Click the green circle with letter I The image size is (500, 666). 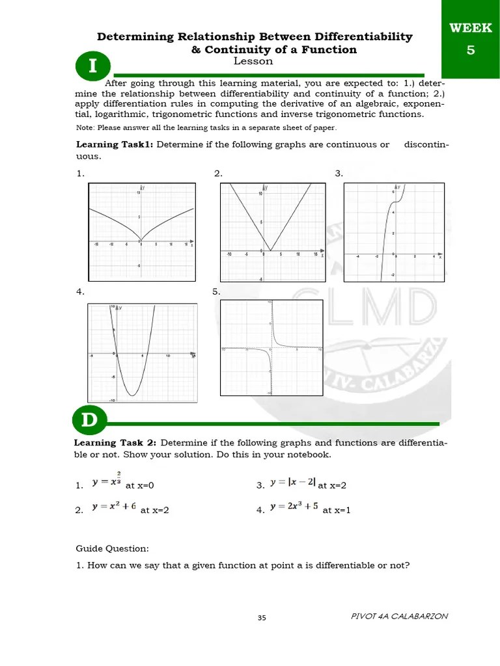[x=93, y=67]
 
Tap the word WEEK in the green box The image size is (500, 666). [x=470, y=29]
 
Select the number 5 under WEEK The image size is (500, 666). [x=470, y=49]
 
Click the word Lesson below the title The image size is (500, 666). [x=253, y=62]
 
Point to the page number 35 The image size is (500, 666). [x=262, y=618]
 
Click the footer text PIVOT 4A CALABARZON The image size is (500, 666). [x=399, y=616]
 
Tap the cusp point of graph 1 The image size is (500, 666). [x=141, y=241]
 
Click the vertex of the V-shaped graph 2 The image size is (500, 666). [x=270, y=250]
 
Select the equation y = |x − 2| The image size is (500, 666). [x=293, y=483]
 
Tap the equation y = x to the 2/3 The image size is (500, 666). [x=107, y=481]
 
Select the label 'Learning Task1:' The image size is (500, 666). [x=115, y=144]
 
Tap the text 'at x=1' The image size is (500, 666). [x=337, y=511]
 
